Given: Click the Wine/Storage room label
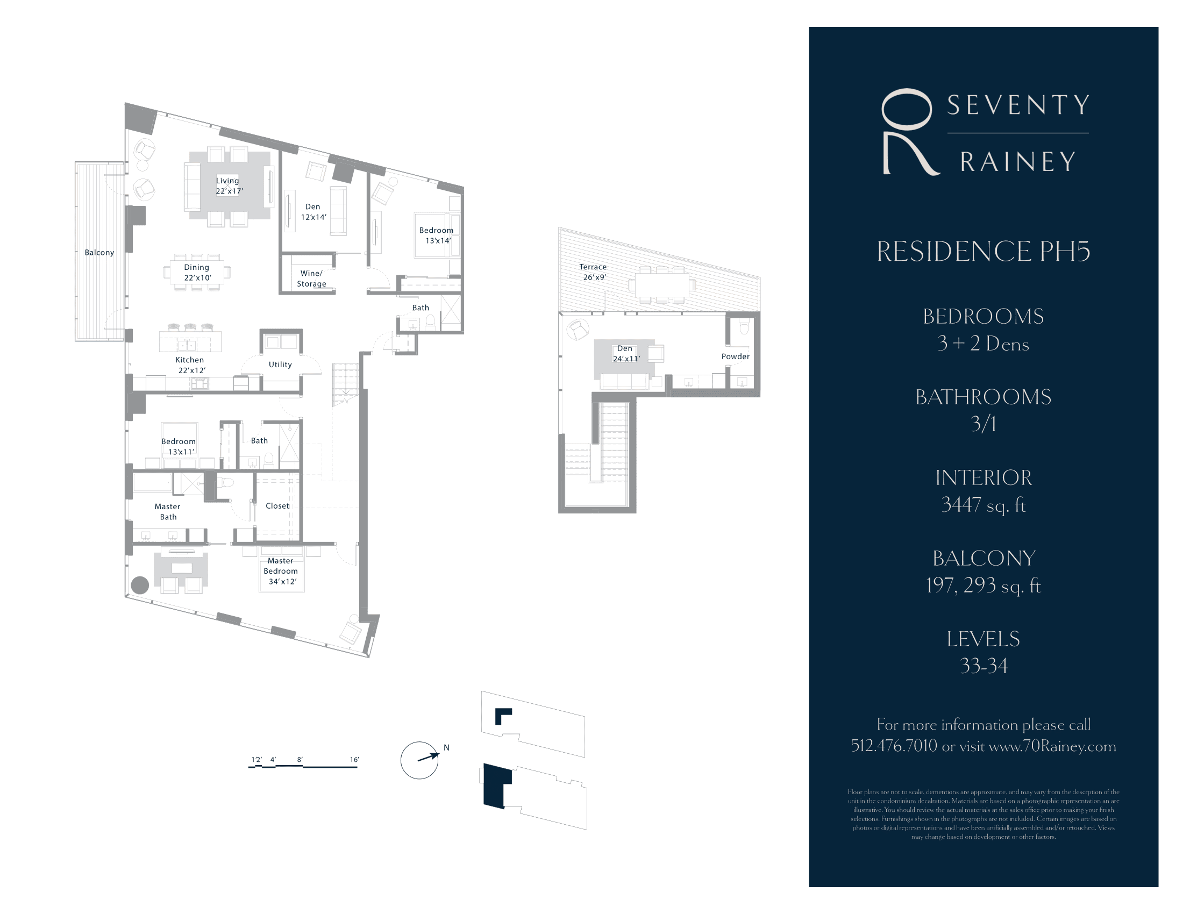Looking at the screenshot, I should pyautogui.click(x=311, y=279).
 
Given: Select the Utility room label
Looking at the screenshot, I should pyautogui.click(x=280, y=365).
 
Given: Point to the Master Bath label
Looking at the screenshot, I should pyautogui.click(x=167, y=512).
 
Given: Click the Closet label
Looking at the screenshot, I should pyautogui.click(x=277, y=506).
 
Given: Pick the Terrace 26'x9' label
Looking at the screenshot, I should pyautogui.click(x=594, y=272).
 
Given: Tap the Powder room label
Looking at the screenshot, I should pyautogui.click(x=735, y=356).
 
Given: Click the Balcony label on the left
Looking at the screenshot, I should pyautogui.click(x=99, y=252).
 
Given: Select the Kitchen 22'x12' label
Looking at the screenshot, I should pyautogui.click(x=191, y=365).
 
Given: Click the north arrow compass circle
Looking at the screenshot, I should pyautogui.click(x=419, y=760).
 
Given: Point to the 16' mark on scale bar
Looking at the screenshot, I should pyautogui.click(x=354, y=760).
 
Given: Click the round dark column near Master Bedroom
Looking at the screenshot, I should pyautogui.click(x=140, y=585).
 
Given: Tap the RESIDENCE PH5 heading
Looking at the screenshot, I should pyautogui.click(x=983, y=252).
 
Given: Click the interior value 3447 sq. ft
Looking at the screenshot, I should pyautogui.click(x=983, y=505).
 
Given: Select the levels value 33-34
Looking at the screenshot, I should pyautogui.click(x=983, y=666).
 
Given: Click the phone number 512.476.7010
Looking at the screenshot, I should pyautogui.click(x=894, y=746).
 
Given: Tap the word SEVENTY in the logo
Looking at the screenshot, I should pyautogui.click(x=1018, y=105).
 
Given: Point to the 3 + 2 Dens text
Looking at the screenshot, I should pyautogui.click(x=983, y=344).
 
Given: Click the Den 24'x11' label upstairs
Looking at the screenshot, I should pyautogui.click(x=625, y=354).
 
